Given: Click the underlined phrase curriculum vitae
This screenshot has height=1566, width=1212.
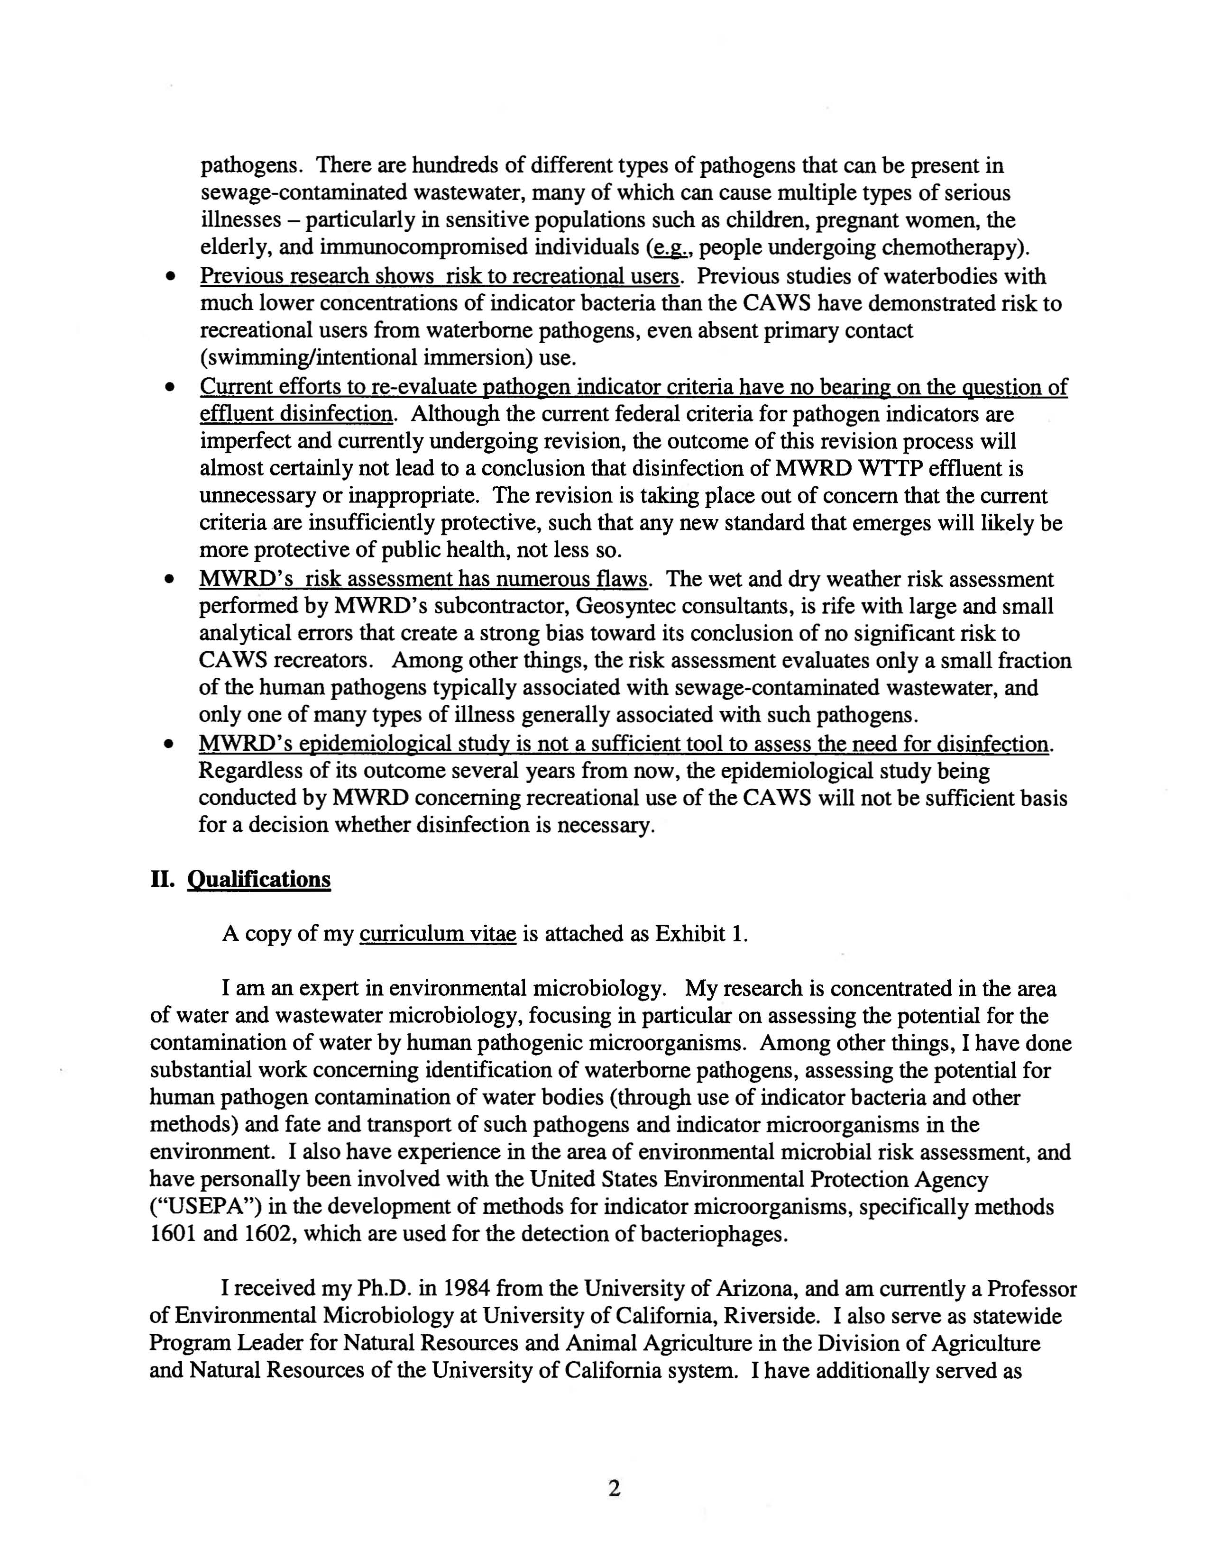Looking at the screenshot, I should pyautogui.click(x=438, y=934).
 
